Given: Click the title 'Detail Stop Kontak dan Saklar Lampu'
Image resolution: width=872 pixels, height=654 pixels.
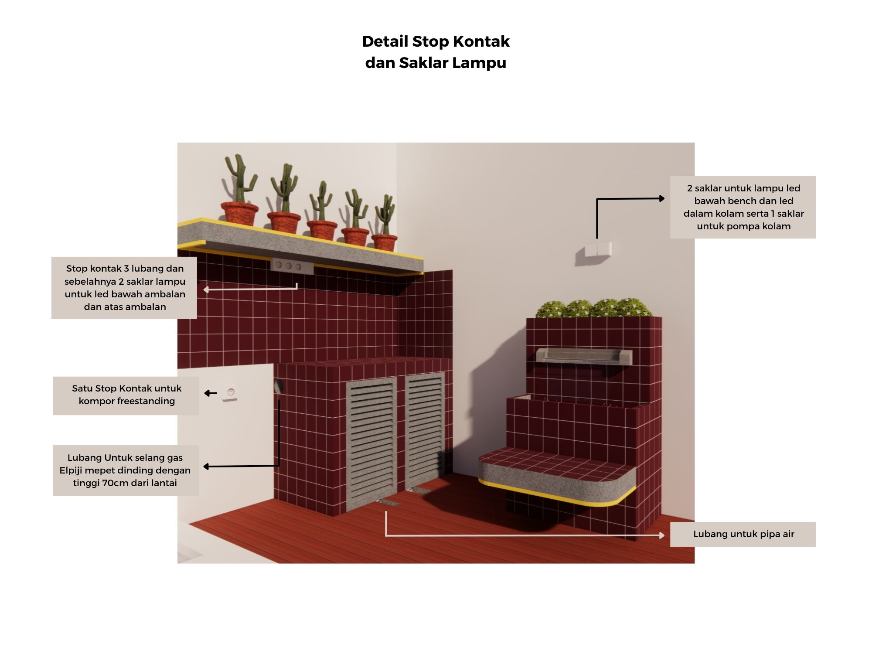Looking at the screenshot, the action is point(436,52).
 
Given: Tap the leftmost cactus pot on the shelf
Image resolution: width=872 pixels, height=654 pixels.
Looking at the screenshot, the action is point(239,212).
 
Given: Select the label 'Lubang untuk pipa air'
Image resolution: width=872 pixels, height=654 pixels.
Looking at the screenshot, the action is point(743,534).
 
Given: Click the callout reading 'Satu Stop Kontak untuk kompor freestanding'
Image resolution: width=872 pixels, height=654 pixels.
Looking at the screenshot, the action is point(126,395).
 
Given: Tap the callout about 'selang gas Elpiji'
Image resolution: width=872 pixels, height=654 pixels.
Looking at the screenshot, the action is point(126,470).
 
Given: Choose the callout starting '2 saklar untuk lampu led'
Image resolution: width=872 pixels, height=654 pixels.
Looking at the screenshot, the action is point(743,207).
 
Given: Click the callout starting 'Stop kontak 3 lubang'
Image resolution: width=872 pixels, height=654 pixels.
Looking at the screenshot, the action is point(125,288).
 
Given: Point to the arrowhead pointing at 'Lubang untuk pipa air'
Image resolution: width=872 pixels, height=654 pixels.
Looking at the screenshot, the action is point(662,535).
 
